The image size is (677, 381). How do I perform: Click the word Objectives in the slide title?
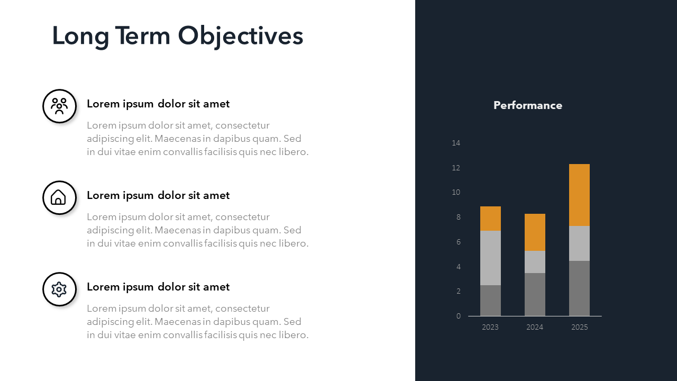241,37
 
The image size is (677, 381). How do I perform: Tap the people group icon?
60,106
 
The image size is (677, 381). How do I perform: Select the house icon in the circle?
58,197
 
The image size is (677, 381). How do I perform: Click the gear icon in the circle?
59,289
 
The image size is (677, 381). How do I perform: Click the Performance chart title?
528,105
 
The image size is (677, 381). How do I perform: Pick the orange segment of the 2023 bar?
490,219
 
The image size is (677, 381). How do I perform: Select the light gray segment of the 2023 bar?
490,258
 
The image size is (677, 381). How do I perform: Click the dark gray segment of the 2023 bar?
490,301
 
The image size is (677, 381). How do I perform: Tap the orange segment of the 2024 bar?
535,232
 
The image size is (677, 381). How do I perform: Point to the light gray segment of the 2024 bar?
535,262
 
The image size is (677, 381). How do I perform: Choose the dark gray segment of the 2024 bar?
535,295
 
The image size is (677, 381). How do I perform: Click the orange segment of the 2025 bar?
579,195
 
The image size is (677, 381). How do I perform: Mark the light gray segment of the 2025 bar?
579,243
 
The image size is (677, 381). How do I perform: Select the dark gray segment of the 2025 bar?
579,288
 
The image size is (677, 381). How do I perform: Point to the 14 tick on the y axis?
456,143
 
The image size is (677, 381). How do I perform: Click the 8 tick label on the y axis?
458,217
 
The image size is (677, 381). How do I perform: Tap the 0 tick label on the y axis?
458,316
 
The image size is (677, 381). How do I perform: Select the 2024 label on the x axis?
535,327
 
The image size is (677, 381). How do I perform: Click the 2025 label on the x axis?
579,327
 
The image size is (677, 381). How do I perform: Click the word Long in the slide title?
80,37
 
